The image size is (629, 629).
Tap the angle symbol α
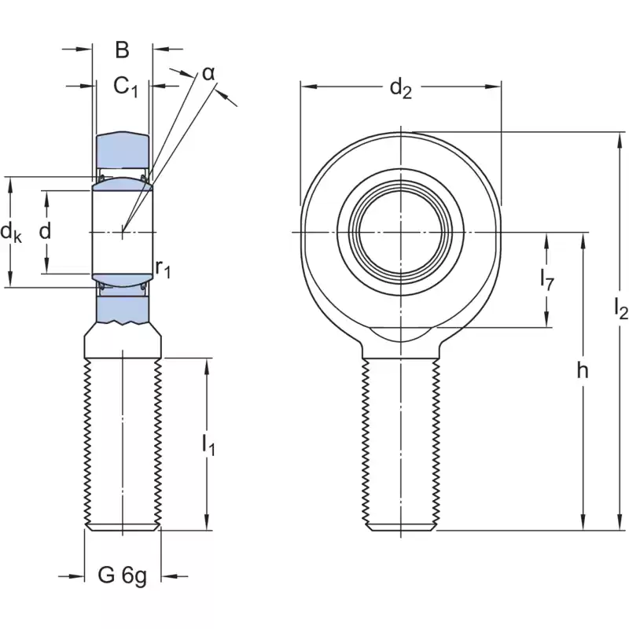(208, 73)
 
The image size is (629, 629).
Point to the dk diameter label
(11, 232)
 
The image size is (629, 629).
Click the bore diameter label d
(45, 231)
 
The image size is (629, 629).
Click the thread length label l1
(208, 445)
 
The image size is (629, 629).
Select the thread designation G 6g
(122, 576)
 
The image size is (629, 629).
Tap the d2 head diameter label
(401, 90)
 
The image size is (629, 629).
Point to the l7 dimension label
(547, 278)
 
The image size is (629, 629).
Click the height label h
(582, 372)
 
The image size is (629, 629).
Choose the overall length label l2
(620, 311)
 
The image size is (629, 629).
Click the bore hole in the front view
(401, 232)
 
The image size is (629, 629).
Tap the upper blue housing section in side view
(123, 149)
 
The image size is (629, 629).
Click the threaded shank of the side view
(123, 440)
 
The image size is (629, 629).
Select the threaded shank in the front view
(401, 440)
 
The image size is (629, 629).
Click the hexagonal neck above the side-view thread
(123, 342)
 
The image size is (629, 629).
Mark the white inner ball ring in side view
(123, 232)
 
